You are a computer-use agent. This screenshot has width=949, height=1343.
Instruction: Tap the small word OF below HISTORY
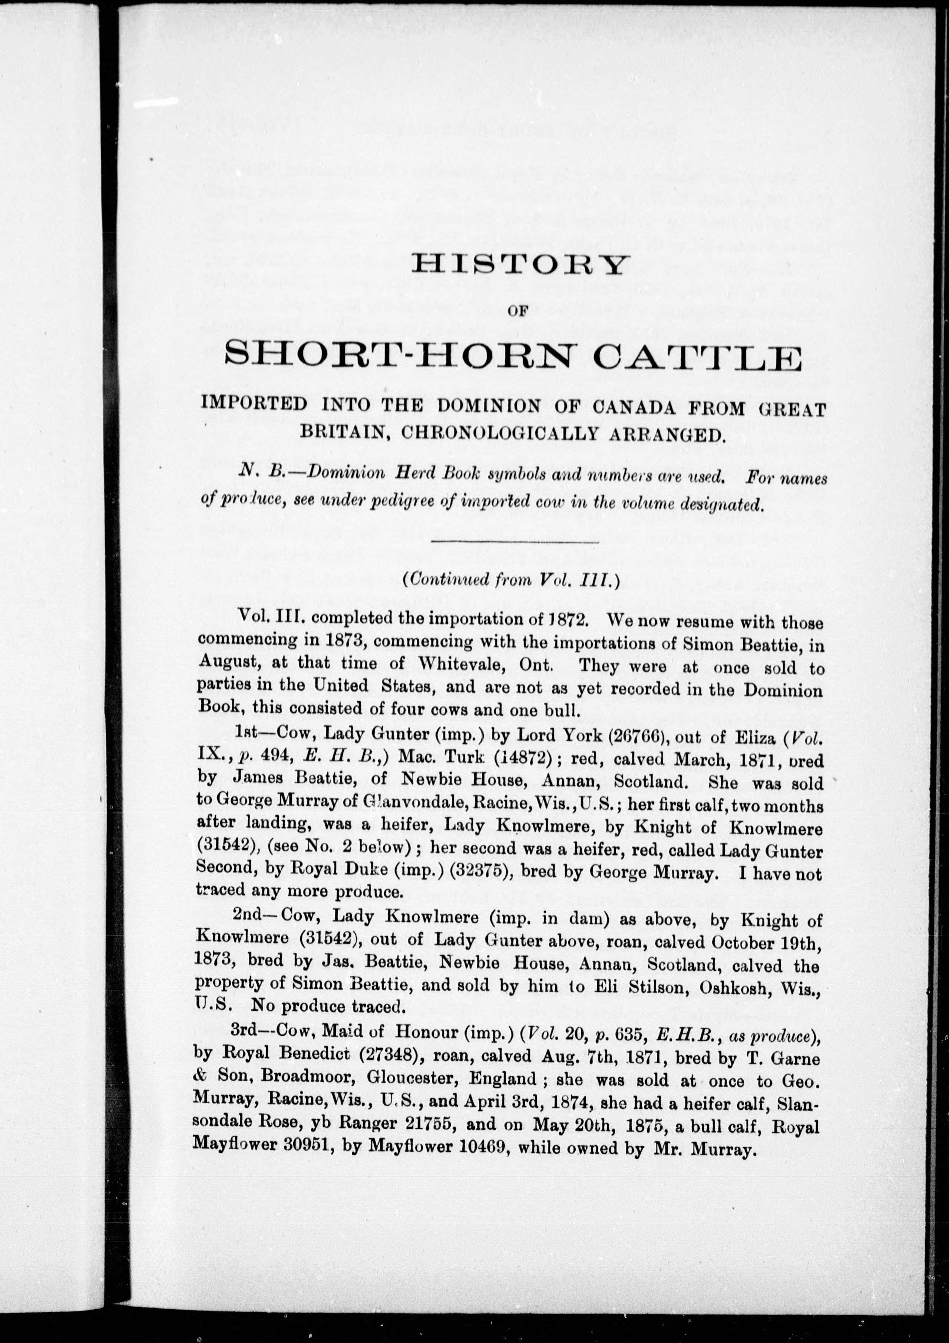(x=518, y=312)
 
